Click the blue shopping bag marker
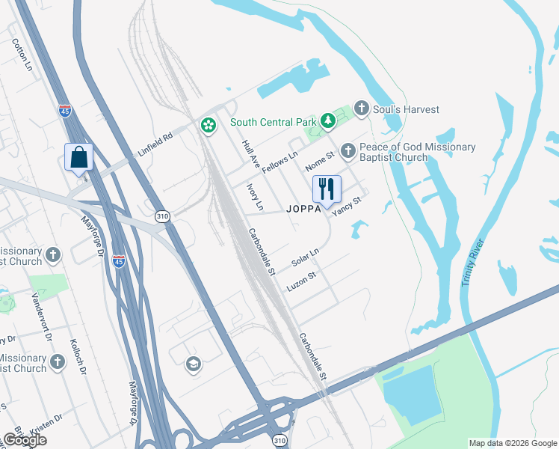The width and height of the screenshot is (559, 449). click(x=78, y=158)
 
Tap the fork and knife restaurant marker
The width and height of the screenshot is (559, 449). click(x=326, y=189)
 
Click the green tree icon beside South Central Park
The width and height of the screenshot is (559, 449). click(x=327, y=120)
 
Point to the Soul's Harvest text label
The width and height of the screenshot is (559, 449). click(x=407, y=109)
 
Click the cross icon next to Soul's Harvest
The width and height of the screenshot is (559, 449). click(x=362, y=109)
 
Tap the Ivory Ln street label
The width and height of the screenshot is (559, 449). click(x=255, y=195)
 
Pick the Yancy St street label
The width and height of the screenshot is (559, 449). click(x=347, y=205)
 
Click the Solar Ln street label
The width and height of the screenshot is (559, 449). click(x=305, y=257)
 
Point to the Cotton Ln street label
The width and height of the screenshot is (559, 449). click(x=22, y=55)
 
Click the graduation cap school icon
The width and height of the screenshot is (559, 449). click(x=193, y=364)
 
